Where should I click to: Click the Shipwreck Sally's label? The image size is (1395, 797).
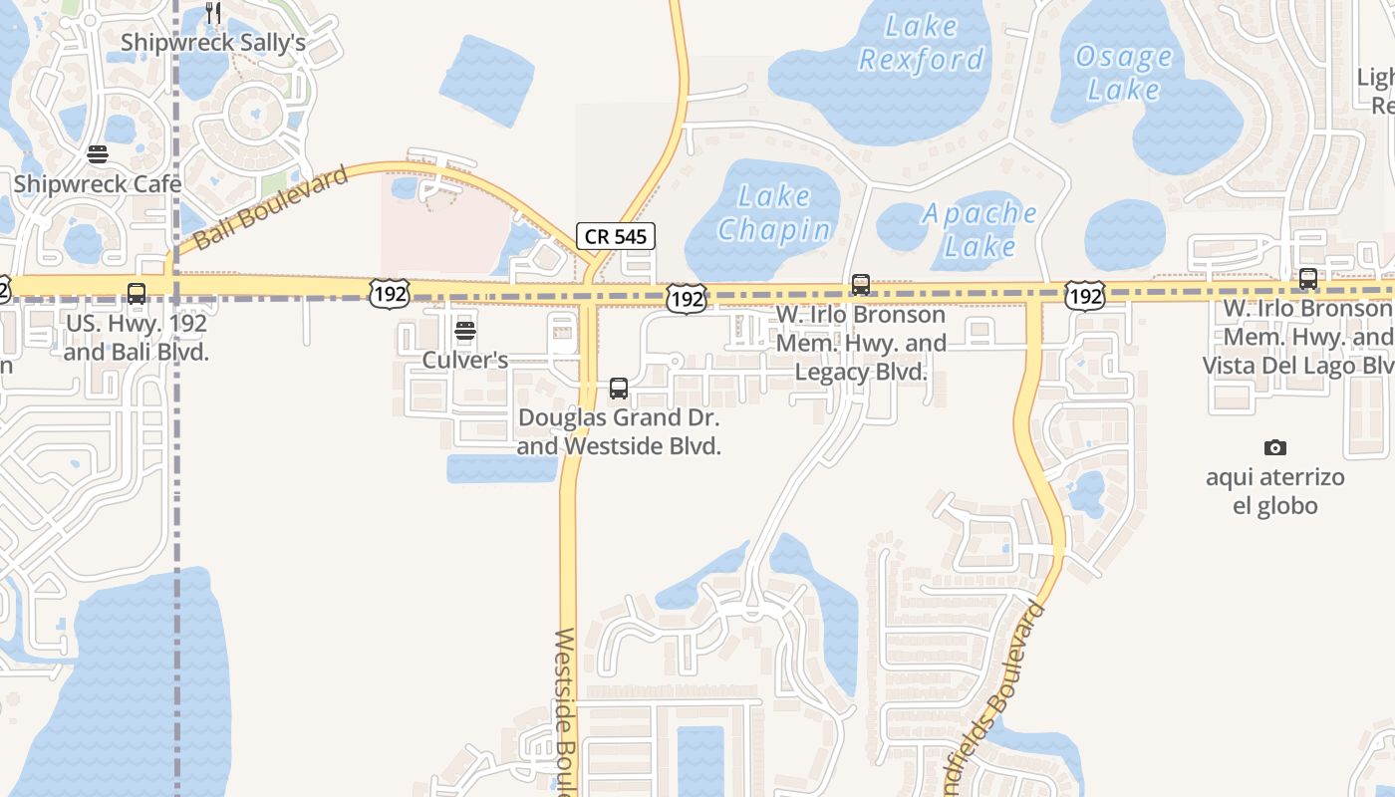point(212,43)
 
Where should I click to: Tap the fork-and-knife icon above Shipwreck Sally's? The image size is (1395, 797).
point(213,13)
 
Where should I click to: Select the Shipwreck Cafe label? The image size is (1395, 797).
point(98,184)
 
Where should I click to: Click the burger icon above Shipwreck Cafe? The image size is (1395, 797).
point(97,154)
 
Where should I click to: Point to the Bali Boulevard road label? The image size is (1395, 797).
point(270,208)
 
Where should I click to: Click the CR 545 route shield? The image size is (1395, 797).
point(616,237)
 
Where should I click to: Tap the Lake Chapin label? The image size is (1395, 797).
point(774,213)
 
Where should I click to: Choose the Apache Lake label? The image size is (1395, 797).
point(979,229)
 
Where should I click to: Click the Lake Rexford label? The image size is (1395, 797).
point(921,43)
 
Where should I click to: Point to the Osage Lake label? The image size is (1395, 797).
point(1123,73)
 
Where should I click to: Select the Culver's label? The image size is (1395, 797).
point(465,360)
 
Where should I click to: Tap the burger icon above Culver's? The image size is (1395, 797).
point(465,331)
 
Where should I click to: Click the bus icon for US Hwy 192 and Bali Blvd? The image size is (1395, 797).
point(137,294)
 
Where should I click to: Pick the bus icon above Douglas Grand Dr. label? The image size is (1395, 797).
point(619,389)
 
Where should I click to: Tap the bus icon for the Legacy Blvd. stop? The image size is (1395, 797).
point(861,285)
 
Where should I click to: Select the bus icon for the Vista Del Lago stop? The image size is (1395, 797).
point(1308,279)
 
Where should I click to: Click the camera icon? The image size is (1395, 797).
point(1274,448)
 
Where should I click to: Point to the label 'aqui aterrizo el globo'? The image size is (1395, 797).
point(1275,491)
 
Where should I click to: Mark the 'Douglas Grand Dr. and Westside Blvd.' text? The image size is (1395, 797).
point(619,431)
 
